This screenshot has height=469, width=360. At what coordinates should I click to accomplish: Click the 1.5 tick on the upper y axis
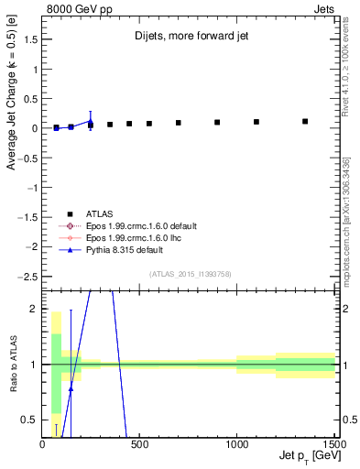[x=33, y=39]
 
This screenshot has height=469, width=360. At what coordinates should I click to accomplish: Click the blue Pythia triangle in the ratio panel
[x=71, y=388]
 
